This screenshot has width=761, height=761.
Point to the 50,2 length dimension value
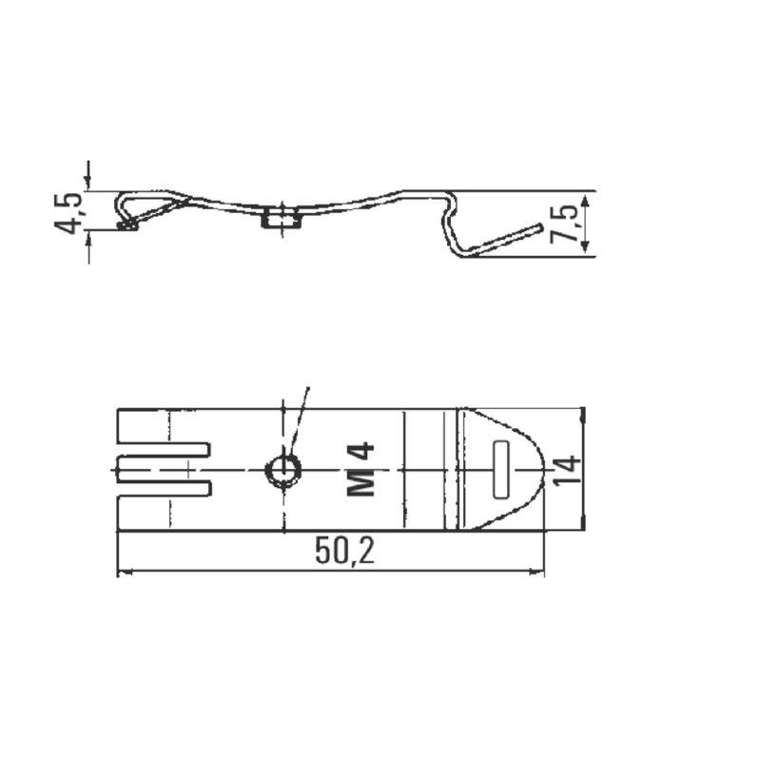coord(344,553)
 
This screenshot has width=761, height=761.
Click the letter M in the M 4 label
coord(361,483)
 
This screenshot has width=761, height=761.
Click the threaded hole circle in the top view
coord(282,469)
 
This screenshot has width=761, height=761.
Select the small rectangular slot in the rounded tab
coord(501,469)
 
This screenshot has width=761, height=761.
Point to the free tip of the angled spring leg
coord(539,228)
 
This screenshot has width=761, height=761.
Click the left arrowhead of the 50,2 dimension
coord(122,573)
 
